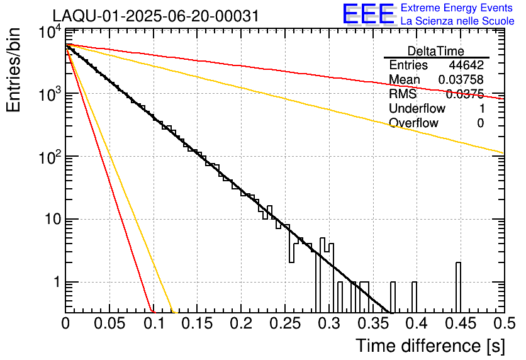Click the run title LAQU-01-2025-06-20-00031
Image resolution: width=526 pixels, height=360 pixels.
click(155, 16)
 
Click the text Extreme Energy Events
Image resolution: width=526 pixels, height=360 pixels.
click(457, 8)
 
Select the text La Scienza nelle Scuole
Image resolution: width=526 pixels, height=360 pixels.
click(457, 21)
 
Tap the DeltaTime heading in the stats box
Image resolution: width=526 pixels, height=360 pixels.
click(435, 51)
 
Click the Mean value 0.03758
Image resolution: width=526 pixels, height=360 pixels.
click(461, 80)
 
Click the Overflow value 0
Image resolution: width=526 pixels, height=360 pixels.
click(480, 123)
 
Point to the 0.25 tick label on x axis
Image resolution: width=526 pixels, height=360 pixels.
click(284, 323)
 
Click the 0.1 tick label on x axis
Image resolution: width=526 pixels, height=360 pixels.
click(153, 323)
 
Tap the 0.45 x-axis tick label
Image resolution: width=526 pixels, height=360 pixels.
click(459, 323)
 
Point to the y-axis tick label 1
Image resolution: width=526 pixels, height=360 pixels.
click(55, 283)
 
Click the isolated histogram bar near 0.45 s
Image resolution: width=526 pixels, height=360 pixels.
click(458, 287)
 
